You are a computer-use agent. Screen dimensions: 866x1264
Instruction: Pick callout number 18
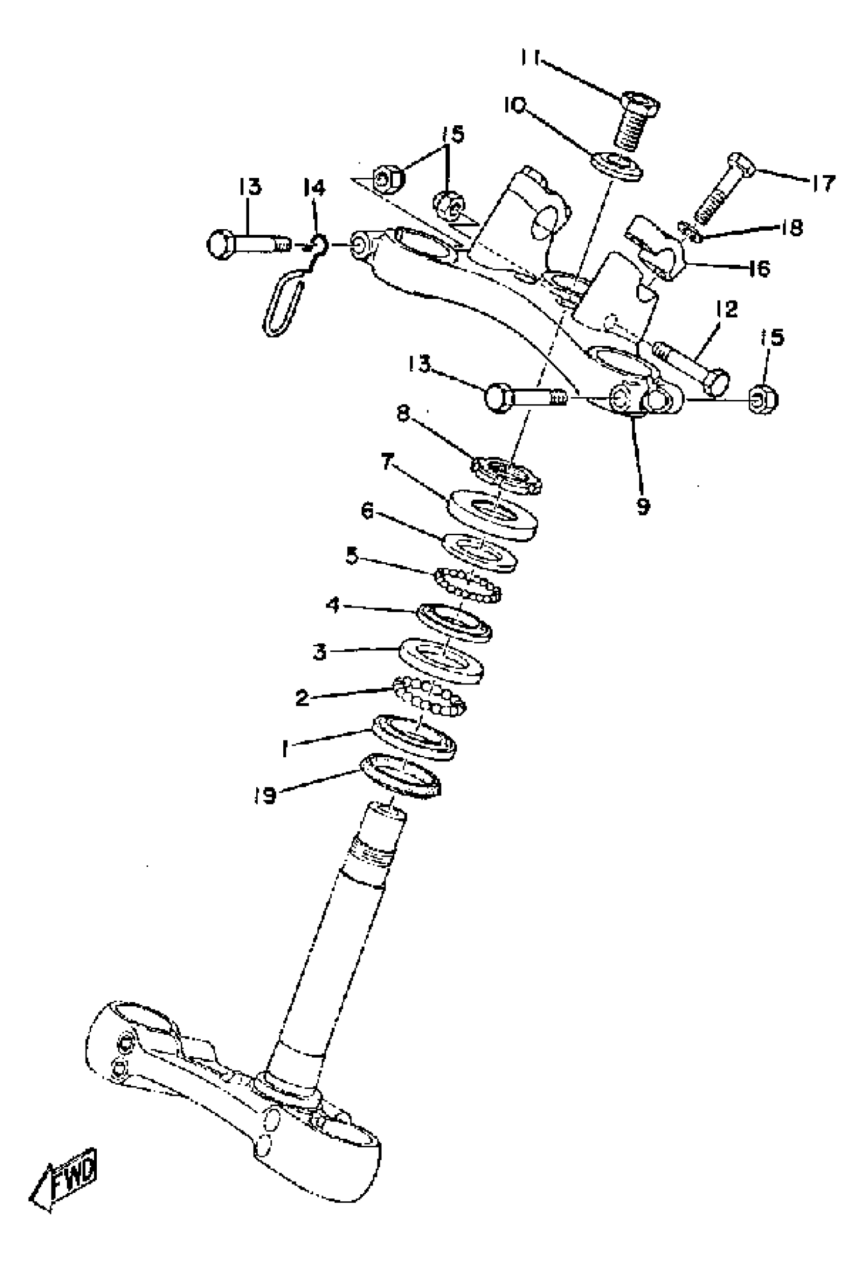click(x=792, y=227)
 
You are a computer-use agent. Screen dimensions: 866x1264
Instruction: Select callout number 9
click(x=643, y=507)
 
